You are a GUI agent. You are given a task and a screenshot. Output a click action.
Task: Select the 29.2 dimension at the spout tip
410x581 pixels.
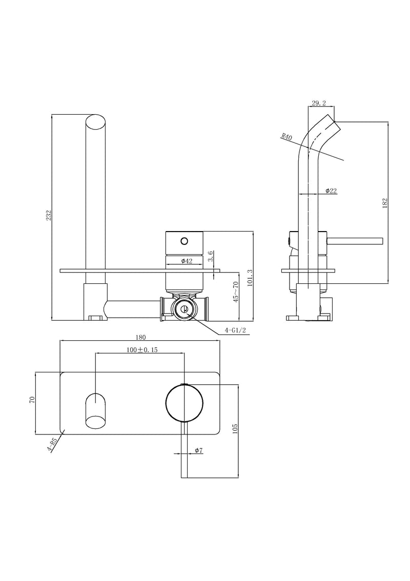click(319, 103)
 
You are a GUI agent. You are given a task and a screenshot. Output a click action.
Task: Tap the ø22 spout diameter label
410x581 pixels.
click(331, 191)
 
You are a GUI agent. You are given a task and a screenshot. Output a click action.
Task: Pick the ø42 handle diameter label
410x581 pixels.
click(187, 261)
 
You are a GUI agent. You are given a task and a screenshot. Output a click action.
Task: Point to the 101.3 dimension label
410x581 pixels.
click(250, 279)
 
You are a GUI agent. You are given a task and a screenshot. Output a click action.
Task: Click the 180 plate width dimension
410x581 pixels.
click(141, 337)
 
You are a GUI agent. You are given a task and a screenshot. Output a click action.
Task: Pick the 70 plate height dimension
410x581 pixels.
click(32, 399)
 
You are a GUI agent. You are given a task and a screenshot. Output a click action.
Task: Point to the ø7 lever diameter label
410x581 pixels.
click(199, 450)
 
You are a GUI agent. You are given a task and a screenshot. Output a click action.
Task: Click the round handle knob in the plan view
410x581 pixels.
click(184, 403)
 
